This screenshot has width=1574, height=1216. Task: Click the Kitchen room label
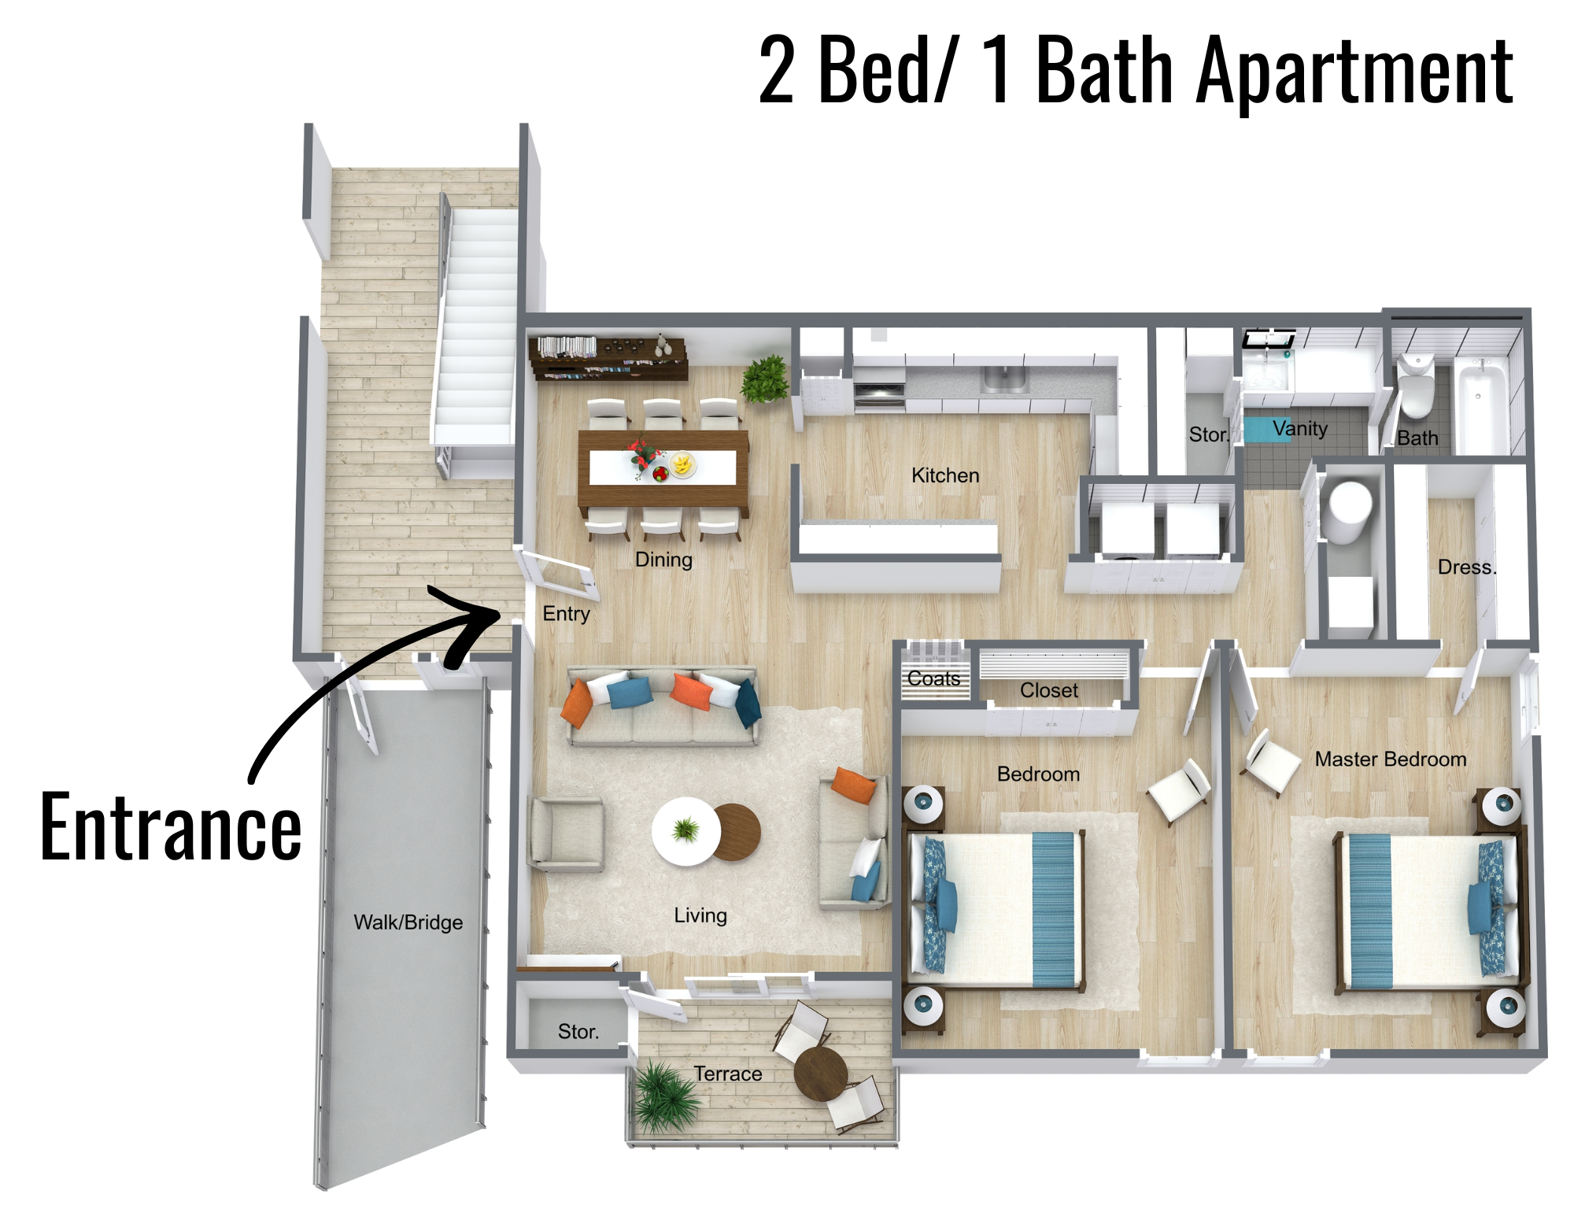(x=945, y=475)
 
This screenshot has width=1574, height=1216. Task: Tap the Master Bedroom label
(x=1391, y=760)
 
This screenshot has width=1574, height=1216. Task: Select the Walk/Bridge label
(x=408, y=922)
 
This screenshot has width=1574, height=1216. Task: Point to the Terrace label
(x=728, y=1074)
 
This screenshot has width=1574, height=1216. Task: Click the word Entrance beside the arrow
(x=171, y=826)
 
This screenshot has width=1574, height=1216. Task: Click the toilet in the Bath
(x=1416, y=386)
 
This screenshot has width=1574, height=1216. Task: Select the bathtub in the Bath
(x=1480, y=405)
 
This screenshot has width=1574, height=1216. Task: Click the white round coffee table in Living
(x=686, y=831)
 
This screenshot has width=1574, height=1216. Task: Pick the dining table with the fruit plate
(x=663, y=469)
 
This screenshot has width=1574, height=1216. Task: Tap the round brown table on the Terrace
(x=821, y=1074)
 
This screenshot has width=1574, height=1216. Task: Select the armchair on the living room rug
(x=567, y=834)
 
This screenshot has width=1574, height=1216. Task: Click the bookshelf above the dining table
(x=608, y=358)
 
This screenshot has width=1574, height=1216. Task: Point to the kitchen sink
(x=1004, y=379)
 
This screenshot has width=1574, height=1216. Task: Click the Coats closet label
(x=933, y=678)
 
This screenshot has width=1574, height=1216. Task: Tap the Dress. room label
(x=1467, y=567)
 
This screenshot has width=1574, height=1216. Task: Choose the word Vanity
(x=1299, y=429)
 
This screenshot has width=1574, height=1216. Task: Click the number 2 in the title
(x=777, y=71)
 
